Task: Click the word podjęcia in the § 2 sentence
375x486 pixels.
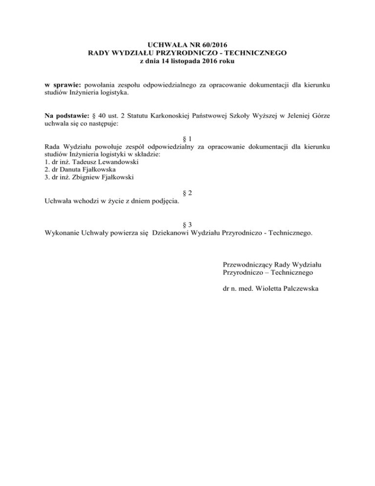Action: click(164, 201)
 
